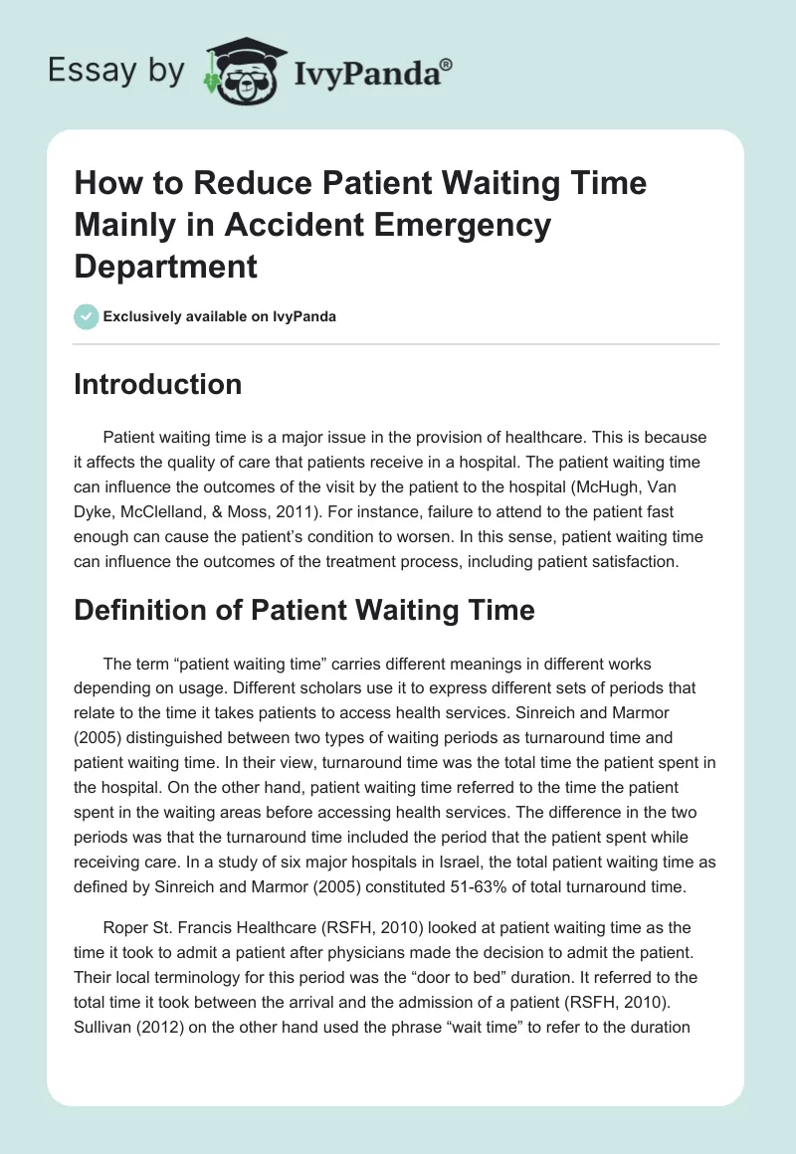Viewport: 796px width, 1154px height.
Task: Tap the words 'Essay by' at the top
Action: (117, 71)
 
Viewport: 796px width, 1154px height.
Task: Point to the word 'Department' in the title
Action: (165, 266)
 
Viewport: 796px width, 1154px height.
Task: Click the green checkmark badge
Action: (86, 316)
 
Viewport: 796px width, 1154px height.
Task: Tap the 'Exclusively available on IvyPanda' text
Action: (220, 317)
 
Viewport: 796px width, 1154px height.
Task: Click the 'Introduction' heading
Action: (157, 384)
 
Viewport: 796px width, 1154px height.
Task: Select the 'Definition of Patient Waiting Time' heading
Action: (303, 609)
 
